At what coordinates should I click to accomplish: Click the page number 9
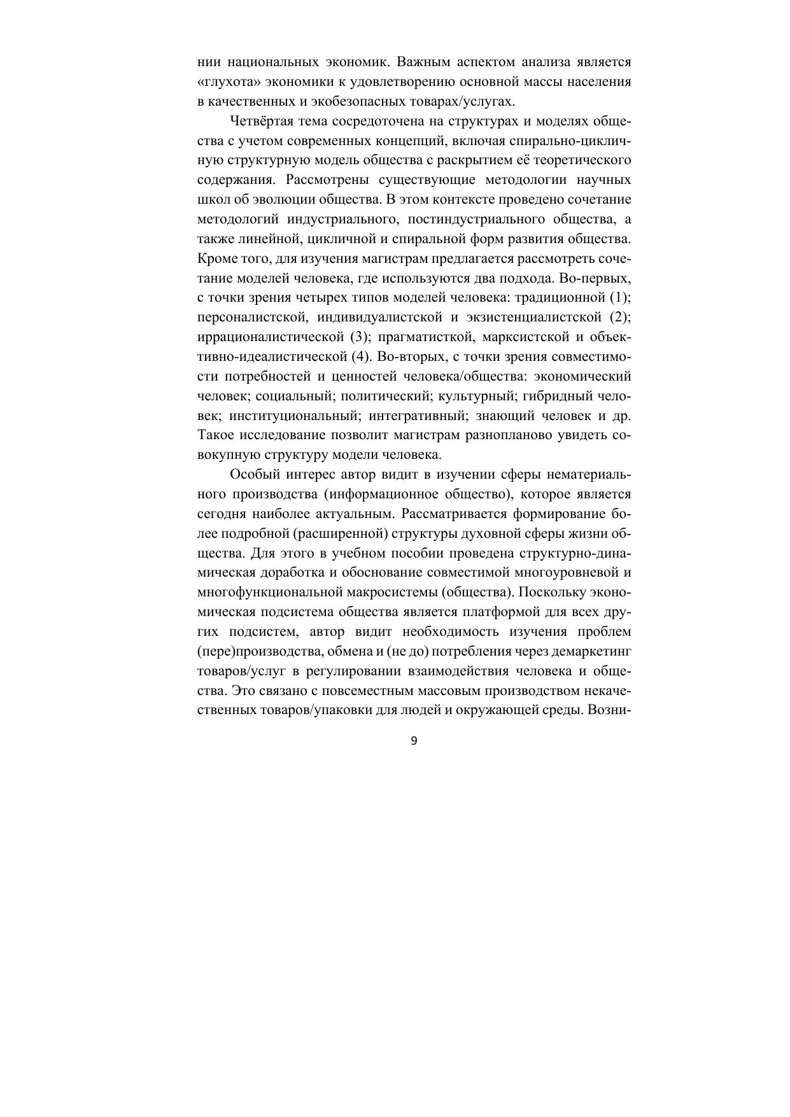(x=414, y=740)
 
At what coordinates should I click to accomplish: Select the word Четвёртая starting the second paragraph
(x=258, y=121)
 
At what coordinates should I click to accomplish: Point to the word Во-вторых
(x=416, y=356)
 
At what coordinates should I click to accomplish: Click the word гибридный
(x=553, y=396)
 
